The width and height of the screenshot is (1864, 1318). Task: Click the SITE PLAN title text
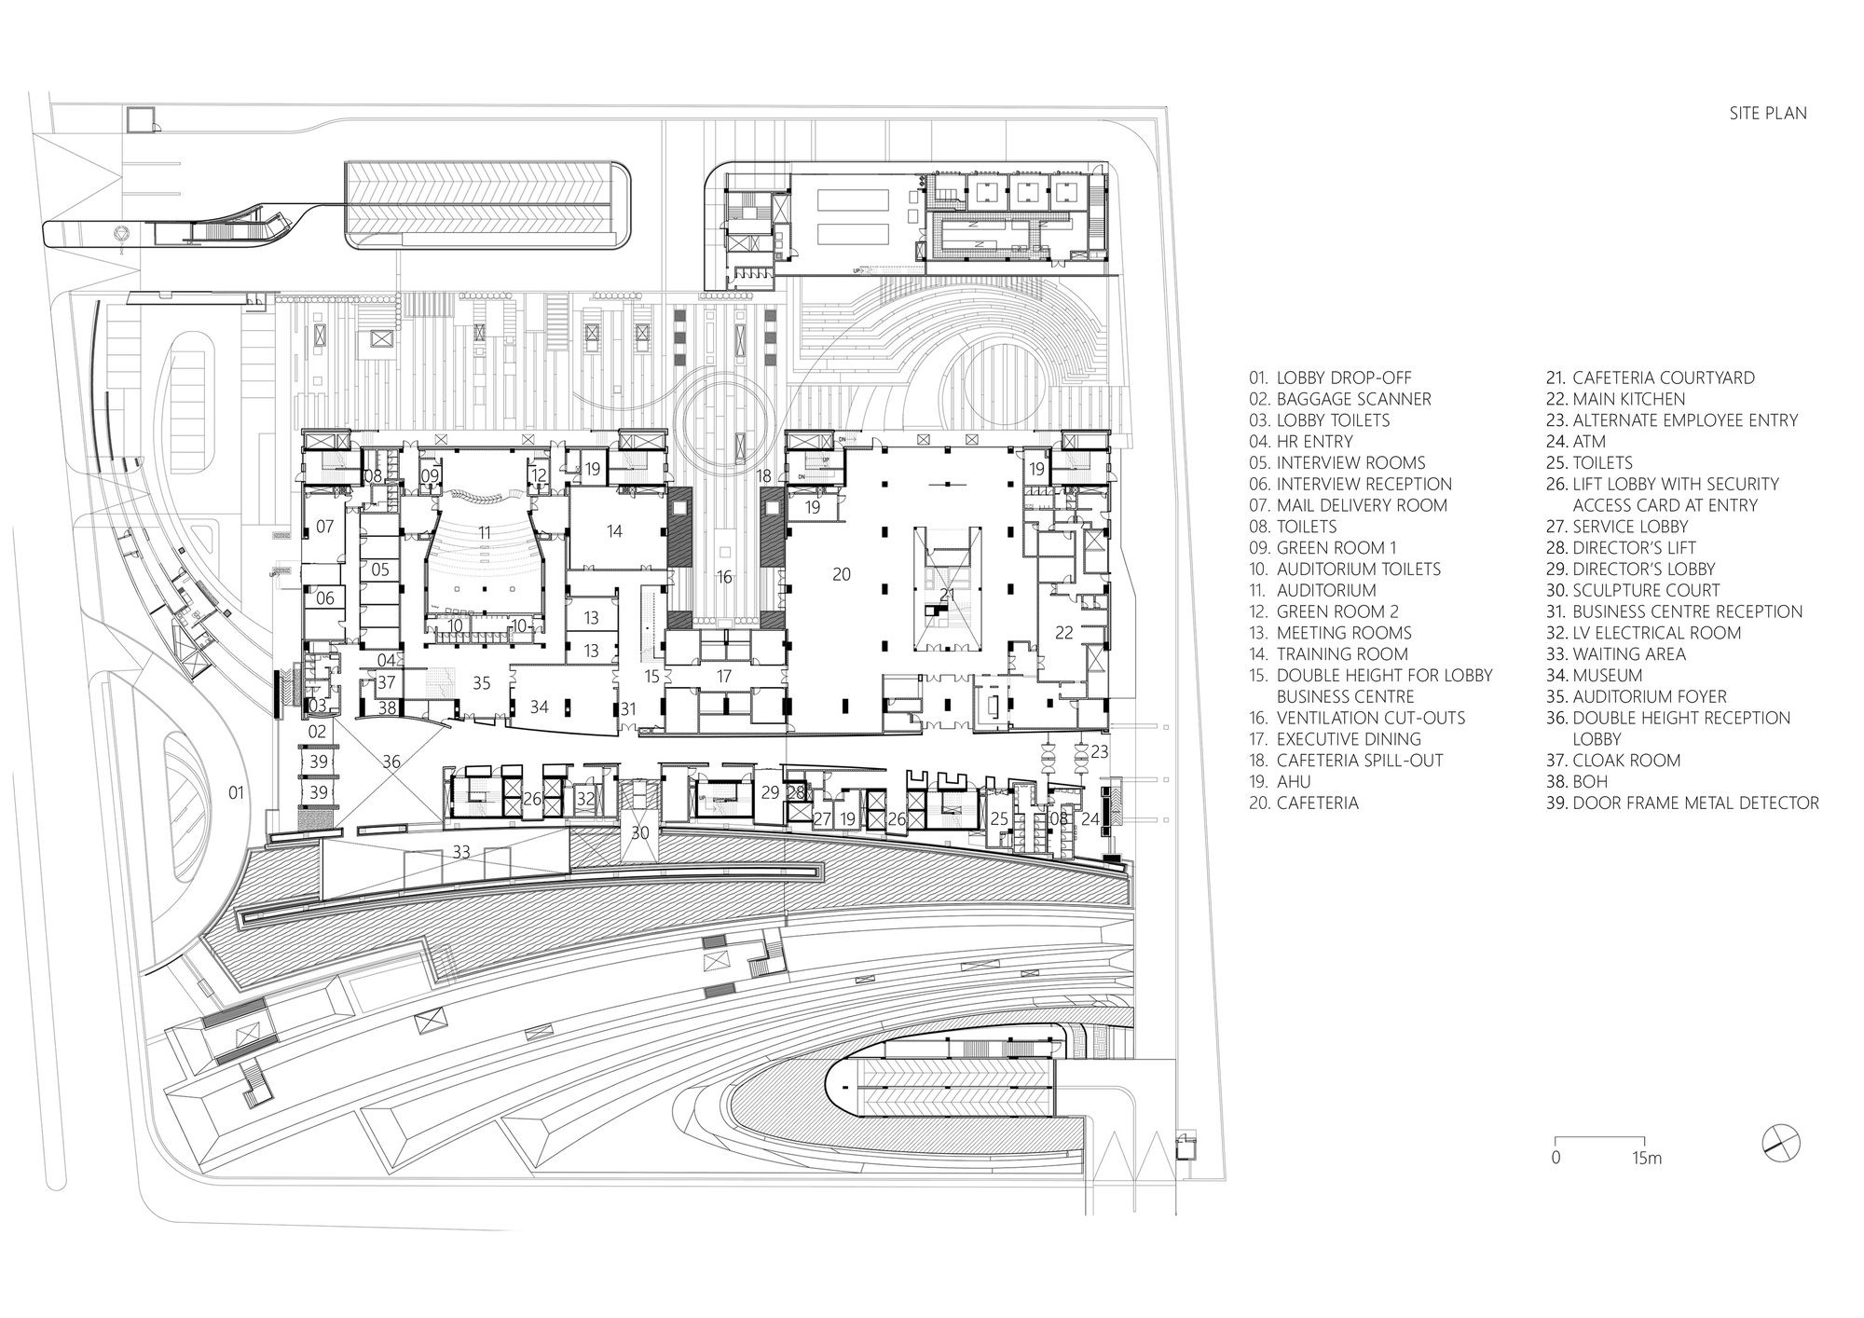click(x=1768, y=113)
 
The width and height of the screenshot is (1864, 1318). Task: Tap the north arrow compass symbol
click(x=1780, y=1143)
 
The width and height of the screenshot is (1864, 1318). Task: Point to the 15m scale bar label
click(x=1646, y=1159)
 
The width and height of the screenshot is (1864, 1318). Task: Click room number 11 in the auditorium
click(x=484, y=531)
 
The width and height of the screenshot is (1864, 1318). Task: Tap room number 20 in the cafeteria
click(x=841, y=574)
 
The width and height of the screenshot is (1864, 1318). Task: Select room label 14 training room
click(x=613, y=531)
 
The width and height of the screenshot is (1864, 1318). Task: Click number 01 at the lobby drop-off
click(x=236, y=792)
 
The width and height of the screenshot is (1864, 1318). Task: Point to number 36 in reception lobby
click(x=391, y=762)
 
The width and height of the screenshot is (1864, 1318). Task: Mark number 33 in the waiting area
click(x=461, y=851)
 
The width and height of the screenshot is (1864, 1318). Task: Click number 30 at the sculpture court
click(x=639, y=832)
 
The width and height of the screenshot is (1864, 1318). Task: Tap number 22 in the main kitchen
click(x=1063, y=632)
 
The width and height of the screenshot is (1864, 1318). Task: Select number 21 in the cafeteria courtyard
click(x=947, y=595)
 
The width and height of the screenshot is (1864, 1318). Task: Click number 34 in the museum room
click(x=539, y=707)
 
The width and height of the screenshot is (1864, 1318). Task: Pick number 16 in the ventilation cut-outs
click(x=724, y=577)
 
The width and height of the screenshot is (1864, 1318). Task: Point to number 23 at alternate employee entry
click(x=1100, y=750)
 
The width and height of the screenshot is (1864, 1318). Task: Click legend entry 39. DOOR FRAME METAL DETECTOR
click(x=1682, y=803)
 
